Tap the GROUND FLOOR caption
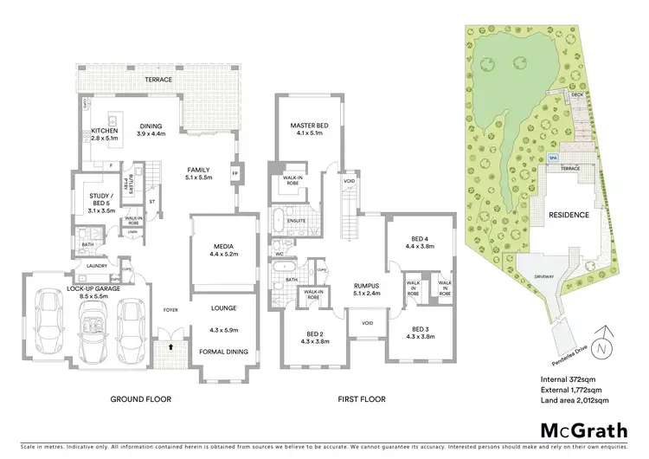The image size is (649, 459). (140, 399)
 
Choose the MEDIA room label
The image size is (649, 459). (224, 246)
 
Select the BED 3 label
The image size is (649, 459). (421, 330)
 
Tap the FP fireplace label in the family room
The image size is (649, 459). (235, 172)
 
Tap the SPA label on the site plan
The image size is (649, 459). (553, 158)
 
